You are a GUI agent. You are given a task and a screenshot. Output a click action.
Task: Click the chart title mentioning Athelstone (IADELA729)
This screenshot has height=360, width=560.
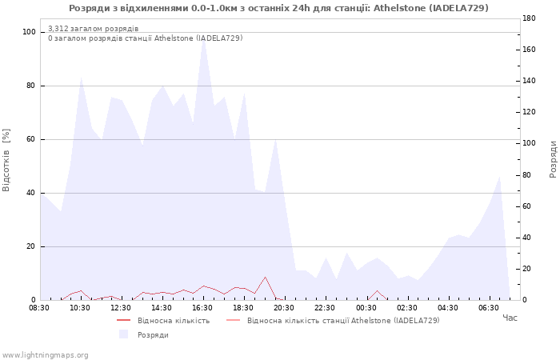point(278,8)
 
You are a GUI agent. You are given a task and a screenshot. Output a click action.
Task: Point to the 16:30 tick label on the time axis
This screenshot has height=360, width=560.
point(202,308)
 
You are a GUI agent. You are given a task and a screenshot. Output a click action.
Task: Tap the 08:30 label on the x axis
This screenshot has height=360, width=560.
point(39,308)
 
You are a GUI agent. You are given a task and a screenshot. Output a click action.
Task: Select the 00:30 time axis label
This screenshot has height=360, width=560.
point(366,308)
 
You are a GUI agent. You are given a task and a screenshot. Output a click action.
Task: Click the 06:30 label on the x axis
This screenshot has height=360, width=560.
point(489,308)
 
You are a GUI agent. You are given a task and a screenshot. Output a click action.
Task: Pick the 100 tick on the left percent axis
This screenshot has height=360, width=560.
point(30,32)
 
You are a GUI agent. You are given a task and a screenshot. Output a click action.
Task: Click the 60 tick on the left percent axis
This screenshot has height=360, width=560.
point(31,139)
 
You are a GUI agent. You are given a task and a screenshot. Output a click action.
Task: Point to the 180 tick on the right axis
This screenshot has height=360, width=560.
point(529,18)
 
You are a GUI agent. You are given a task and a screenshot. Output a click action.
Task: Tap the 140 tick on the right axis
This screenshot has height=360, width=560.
point(529,81)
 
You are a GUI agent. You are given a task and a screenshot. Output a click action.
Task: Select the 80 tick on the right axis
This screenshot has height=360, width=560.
point(527,175)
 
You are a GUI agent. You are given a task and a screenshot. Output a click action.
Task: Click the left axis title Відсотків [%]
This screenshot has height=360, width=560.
point(6,160)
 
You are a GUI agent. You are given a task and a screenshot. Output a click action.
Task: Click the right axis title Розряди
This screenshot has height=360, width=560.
point(553,159)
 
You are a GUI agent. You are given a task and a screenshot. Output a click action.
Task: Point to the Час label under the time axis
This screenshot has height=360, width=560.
point(510,318)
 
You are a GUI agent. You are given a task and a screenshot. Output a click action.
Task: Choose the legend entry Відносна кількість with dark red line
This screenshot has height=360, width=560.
point(174,321)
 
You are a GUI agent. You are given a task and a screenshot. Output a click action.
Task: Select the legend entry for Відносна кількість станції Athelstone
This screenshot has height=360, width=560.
point(343,321)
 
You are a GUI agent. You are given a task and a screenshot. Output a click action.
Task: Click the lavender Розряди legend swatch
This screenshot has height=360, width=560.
point(123,334)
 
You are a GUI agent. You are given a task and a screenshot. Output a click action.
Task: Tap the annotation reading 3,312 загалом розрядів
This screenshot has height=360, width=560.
point(94,29)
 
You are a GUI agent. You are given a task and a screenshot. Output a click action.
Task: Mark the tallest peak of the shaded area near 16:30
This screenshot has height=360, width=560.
point(203,38)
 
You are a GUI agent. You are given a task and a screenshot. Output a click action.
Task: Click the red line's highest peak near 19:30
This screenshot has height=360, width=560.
point(265,277)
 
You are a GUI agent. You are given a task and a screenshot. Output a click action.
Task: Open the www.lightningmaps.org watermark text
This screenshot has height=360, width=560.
point(45,355)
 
